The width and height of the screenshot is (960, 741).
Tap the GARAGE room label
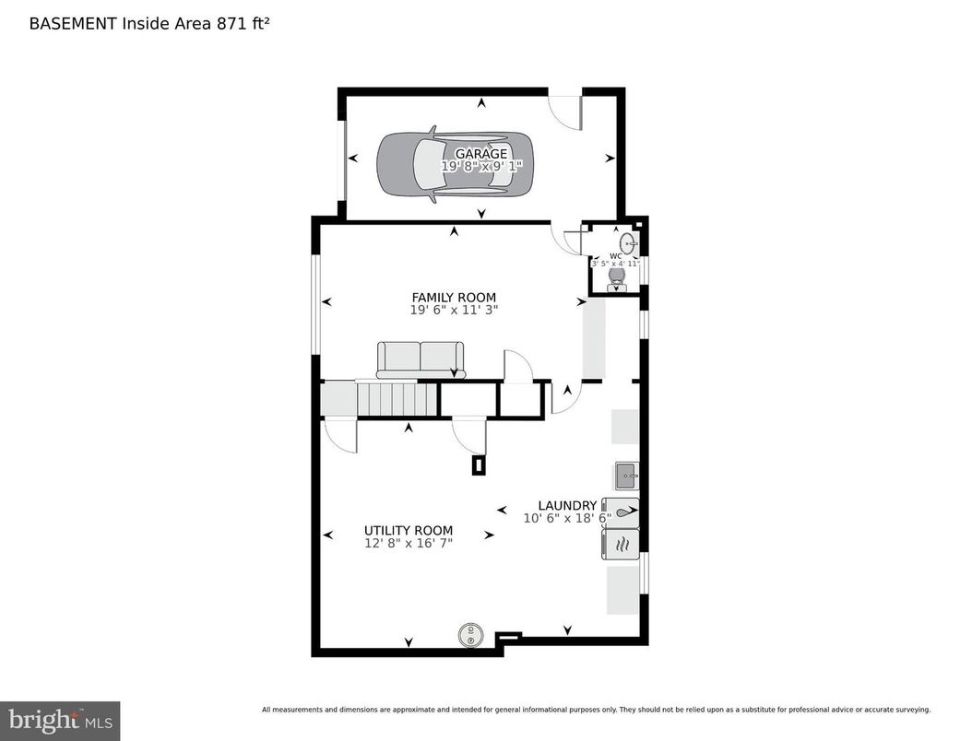click(x=480, y=154)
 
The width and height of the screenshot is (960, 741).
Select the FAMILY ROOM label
click(x=453, y=298)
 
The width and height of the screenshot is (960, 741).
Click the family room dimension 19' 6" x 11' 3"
click(x=453, y=311)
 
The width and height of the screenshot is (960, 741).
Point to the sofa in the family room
click(x=421, y=359)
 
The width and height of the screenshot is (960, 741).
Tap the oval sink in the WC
click(x=627, y=244)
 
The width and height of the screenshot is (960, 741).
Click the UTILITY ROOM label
click(x=408, y=530)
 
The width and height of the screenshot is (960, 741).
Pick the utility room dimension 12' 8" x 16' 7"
click(x=408, y=544)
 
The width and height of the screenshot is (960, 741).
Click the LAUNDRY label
click(x=567, y=505)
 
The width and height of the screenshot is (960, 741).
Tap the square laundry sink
click(x=627, y=476)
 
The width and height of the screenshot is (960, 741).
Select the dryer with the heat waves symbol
click(x=621, y=544)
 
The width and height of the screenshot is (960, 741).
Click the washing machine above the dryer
click(x=621, y=512)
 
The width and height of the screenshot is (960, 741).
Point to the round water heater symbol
click(x=471, y=635)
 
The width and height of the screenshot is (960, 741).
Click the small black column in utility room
click(x=479, y=465)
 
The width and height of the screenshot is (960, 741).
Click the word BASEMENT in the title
click(x=73, y=23)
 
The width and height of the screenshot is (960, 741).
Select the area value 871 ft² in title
click(x=243, y=23)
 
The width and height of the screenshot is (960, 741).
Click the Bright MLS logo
click(x=60, y=719)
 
